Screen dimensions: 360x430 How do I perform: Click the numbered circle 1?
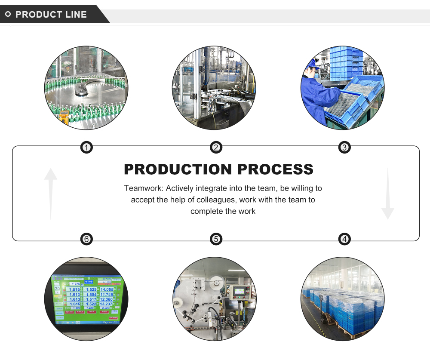click(x=87, y=148)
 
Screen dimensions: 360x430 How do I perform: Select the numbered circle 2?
click(x=216, y=148)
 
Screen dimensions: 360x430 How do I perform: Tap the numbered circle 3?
click(x=344, y=148)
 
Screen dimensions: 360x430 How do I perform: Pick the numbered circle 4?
click(x=344, y=239)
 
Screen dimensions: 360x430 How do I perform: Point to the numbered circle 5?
click(x=216, y=239)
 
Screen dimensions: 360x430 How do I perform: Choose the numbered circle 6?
click(x=87, y=239)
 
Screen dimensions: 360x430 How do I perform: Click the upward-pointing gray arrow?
click(x=51, y=193)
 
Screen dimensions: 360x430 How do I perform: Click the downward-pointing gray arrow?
click(x=387, y=194)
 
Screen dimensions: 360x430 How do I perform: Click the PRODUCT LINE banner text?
click(x=51, y=15)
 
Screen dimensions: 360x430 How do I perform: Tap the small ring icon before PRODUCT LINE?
click(x=8, y=14)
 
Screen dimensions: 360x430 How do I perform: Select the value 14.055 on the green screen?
click(x=106, y=290)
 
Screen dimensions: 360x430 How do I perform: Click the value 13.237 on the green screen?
click(x=106, y=304)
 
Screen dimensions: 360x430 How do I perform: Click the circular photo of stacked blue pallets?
click(x=343, y=299)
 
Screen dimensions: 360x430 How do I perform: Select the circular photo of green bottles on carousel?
click(x=86, y=88)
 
